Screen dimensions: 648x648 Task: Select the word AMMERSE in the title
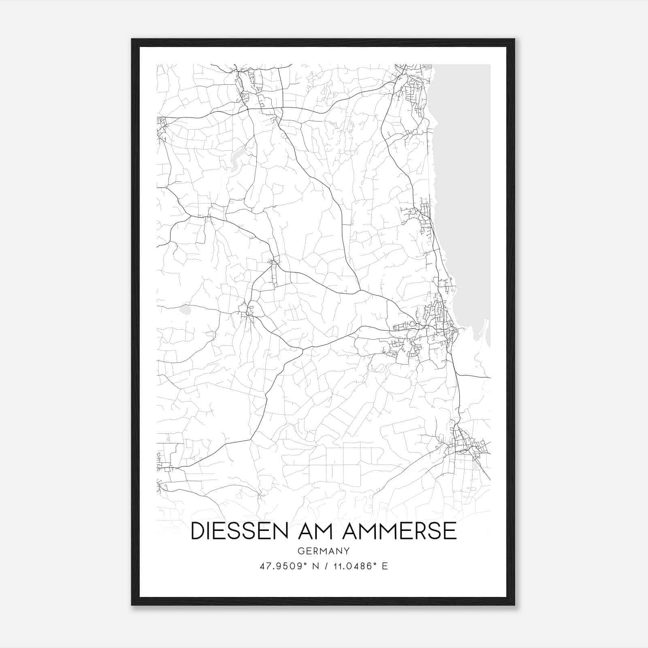tap(399, 531)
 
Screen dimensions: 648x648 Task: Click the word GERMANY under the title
tap(324, 551)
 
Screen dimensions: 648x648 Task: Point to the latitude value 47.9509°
tap(282, 566)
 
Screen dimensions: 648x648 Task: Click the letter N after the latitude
tap(313, 566)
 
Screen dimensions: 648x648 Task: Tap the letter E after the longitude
tap(385, 566)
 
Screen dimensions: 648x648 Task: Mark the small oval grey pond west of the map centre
tap(186, 311)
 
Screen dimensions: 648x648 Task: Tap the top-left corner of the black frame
tap(132, 40)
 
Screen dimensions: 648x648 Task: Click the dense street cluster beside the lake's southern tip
tap(437, 324)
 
